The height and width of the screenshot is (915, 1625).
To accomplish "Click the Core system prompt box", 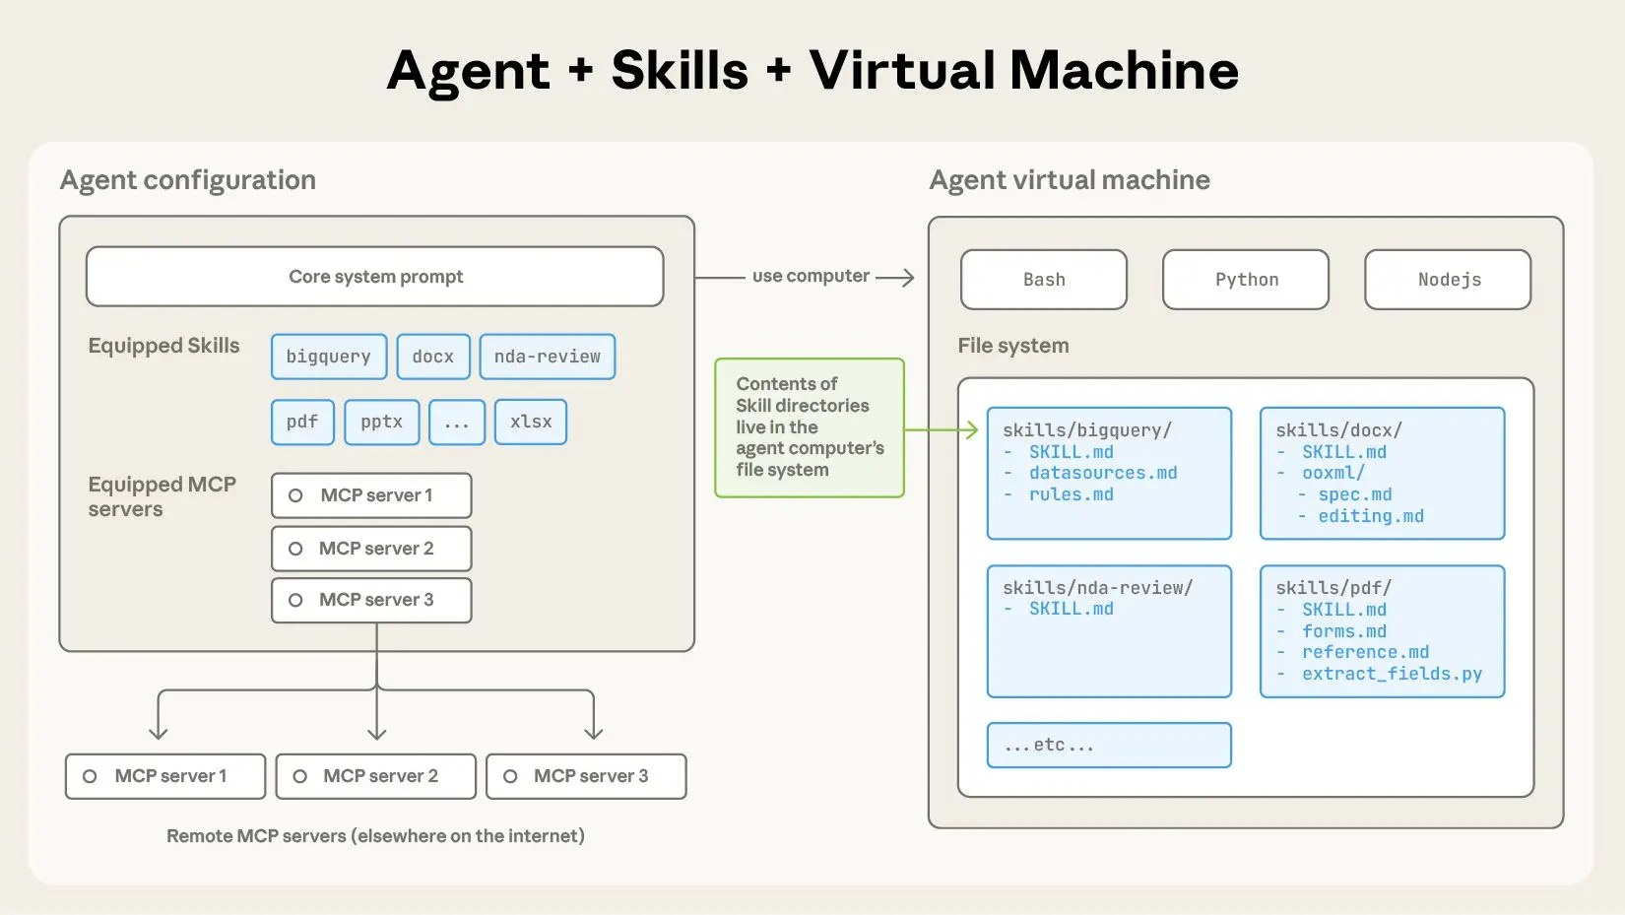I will pyautogui.click(x=375, y=277).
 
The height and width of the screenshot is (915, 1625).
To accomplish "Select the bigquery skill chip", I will pyautogui.click(x=329, y=357).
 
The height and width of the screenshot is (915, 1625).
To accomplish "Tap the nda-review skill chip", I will pyautogui.click(x=548, y=357).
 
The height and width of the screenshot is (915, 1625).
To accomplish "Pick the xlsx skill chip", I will pyautogui.click(x=531, y=422).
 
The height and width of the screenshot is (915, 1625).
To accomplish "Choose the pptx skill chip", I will pyautogui.click(x=382, y=422).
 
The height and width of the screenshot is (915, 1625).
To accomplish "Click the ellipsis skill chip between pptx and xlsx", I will pyautogui.click(x=457, y=422).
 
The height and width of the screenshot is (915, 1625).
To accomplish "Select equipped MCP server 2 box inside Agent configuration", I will pyautogui.click(x=371, y=549).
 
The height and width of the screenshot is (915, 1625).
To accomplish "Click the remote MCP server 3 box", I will pyautogui.click(x=586, y=776).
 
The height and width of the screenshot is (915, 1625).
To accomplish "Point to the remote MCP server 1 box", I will pyautogui.click(x=165, y=776).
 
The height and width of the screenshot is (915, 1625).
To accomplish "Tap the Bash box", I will pyautogui.click(x=1044, y=280).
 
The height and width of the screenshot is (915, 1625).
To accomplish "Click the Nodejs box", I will pyautogui.click(x=1448, y=280).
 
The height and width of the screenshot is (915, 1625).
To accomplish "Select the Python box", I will pyautogui.click(x=1246, y=280).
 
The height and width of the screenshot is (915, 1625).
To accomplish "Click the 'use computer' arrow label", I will pyautogui.click(x=811, y=277).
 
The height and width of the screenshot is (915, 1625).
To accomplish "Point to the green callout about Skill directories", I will pyautogui.click(x=810, y=427).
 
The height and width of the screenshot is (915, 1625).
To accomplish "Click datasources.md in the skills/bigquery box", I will pyautogui.click(x=1103, y=473).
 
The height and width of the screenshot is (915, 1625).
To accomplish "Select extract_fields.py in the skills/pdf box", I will pyautogui.click(x=1392, y=674).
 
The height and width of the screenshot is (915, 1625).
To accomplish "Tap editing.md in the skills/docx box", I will pyautogui.click(x=1371, y=516).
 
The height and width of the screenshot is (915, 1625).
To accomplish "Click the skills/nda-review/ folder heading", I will pyautogui.click(x=1097, y=588).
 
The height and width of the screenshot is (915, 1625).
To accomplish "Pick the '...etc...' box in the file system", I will pyautogui.click(x=1109, y=746).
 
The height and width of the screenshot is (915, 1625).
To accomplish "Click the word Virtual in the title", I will pyautogui.click(x=903, y=71).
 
